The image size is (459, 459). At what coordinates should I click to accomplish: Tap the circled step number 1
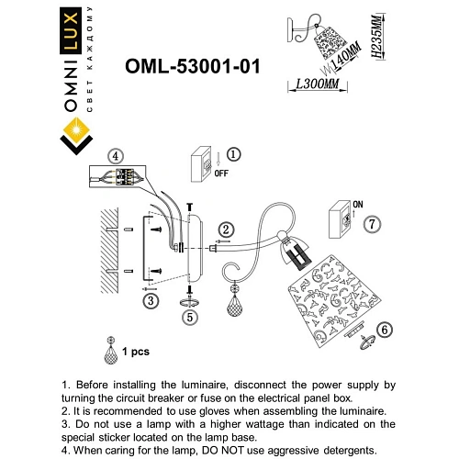point(233,155)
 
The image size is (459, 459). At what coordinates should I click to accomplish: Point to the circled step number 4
point(114,157)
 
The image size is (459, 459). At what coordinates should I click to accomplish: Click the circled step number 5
point(189,318)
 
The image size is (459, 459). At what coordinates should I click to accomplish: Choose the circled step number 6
point(385,329)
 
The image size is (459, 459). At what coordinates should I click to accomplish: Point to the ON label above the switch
point(358,205)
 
